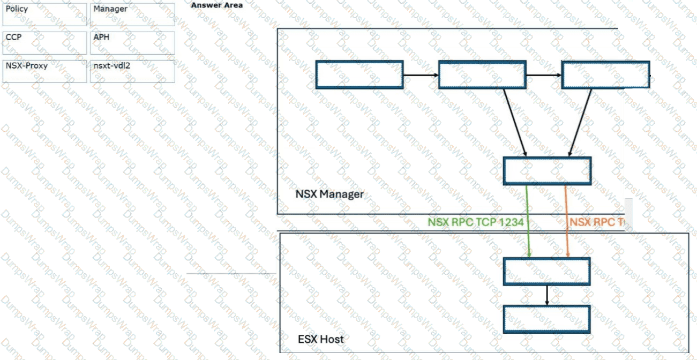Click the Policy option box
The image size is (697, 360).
tap(44, 14)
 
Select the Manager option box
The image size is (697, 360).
tap(132, 14)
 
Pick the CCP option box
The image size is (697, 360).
tap(44, 43)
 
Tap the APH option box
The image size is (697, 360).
tap(132, 43)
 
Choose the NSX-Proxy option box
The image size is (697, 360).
tap(44, 71)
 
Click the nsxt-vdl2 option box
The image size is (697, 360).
tap(132, 71)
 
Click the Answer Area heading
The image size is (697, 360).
tap(217, 5)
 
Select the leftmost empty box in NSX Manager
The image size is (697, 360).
tap(359, 74)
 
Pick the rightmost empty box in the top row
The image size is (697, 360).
tap(605, 74)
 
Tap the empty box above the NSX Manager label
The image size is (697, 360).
tap(547, 171)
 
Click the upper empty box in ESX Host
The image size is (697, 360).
tap(546, 272)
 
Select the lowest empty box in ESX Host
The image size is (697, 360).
tap(546, 319)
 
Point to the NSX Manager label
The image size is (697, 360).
tap(329, 194)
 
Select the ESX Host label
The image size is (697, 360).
tap(320, 339)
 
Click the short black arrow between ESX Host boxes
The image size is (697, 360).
tap(546, 295)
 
